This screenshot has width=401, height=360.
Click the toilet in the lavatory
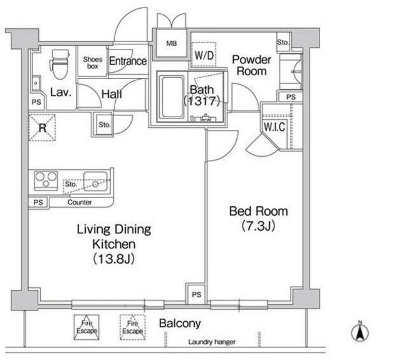tap(60, 64)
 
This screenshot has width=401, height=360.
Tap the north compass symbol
tap(360, 332)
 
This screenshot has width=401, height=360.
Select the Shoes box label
tap(93, 63)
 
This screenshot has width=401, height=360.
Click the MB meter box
tap(171, 43)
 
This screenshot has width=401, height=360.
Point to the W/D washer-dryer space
tap(204, 55)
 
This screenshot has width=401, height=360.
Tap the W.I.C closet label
tap(274, 127)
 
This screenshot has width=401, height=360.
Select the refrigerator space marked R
tap(42, 127)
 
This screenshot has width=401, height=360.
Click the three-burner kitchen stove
tap(46, 181)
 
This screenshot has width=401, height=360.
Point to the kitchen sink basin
tap(95, 181)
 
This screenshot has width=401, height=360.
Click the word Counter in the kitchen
tap(80, 203)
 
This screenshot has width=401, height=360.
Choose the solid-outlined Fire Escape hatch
tap(86, 327)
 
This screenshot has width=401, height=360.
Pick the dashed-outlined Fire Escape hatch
tap(132, 327)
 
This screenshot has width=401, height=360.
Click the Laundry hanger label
tap(212, 342)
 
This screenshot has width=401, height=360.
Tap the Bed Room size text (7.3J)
tap(258, 226)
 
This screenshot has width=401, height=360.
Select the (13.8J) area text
tap(114, 259)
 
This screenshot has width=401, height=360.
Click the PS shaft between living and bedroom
tap(196, 294)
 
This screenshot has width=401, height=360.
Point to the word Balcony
tap(180, 324)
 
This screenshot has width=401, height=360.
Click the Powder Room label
tap(251, 65)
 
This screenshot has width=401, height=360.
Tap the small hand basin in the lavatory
tap(36, 83)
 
